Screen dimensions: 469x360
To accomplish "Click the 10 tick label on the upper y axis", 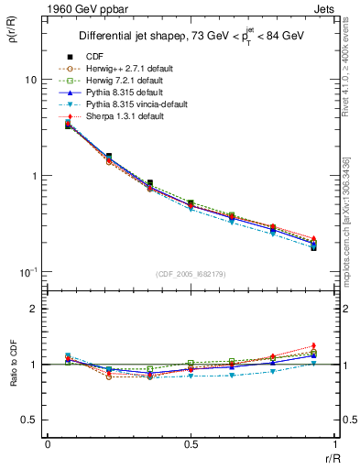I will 30,80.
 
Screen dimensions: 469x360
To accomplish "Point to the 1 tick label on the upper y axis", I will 33,176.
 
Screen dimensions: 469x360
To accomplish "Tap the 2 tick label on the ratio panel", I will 33,310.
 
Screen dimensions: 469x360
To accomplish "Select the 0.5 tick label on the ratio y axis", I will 29,420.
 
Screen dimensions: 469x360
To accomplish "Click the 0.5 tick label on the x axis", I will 191,444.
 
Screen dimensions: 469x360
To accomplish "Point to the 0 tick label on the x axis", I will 48,444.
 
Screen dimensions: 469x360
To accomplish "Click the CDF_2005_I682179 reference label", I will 191,274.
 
